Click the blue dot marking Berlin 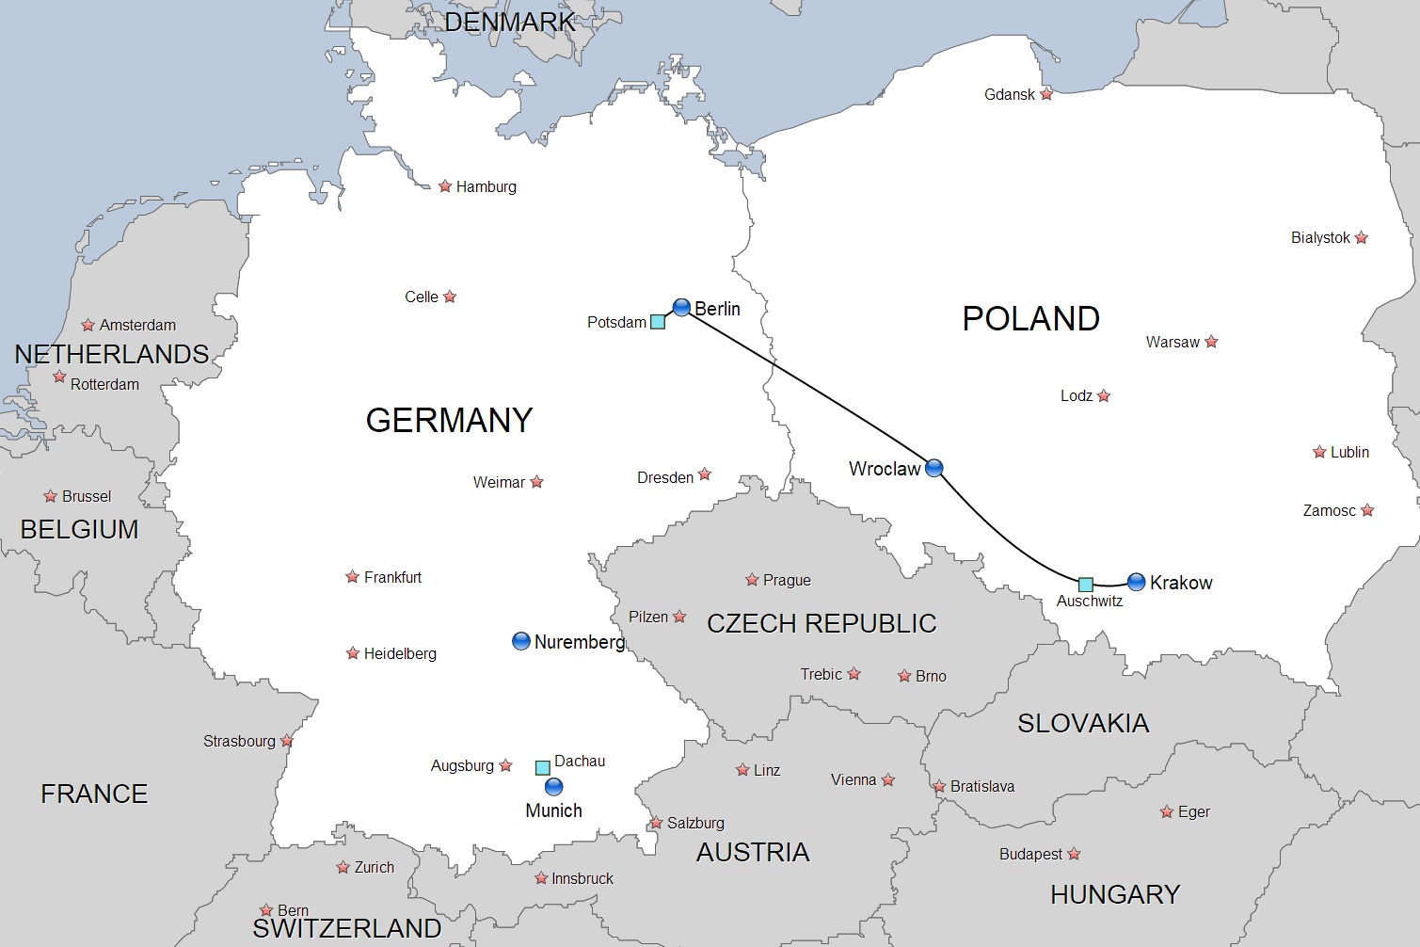(x=682, y=307)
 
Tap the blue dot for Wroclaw (x=933, y=468)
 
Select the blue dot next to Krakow (x=1136, y=582)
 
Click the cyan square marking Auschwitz (x=1085, y=585)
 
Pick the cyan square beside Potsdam (x=658, y=322)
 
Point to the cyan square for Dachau (x=543, y=767)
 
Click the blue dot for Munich (x=553, y=786)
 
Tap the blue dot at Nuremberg (x=520, y=641)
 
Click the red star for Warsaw (x=1211, y=342)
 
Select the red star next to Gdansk (x=1046, y=94)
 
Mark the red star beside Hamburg (x=445, y=186)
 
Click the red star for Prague (x=752, y=580)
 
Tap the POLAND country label (x=1030, y=319)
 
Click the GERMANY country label (x=449, y=420)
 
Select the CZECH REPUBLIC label (x=822, y=623)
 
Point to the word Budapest (x=1030, y=854)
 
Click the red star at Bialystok (x=1361, y=238)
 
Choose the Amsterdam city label (x=137, y=326)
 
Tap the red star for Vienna (x=887, y=779)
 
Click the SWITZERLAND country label (x=346, y=928)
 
